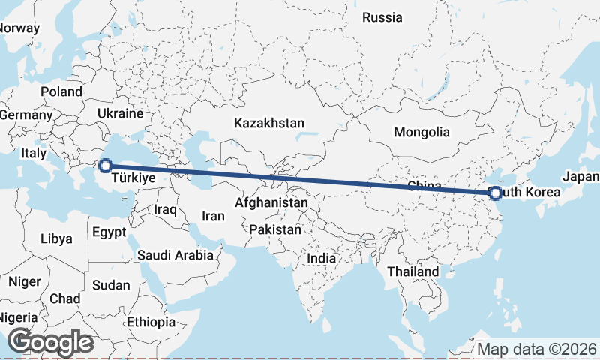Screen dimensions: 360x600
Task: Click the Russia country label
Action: point(382,17)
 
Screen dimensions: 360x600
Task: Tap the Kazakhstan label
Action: point(268,123)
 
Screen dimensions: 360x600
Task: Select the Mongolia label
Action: point(421,132)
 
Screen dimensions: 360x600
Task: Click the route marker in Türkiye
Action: point(106,165)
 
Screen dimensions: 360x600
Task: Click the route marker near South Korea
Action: point(495,193)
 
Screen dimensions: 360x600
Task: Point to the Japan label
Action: point(581,177)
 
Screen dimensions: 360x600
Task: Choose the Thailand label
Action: point(413,271)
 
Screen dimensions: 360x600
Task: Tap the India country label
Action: point(321,258)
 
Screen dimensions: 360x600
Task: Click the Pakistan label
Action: point(275,229)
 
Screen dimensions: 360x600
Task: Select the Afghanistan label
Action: point(271,202)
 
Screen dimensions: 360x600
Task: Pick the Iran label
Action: point(213,216)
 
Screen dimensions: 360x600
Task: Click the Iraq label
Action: point(165,210)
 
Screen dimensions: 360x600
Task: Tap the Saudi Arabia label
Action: point(175,255)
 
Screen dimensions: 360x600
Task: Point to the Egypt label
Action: point(109,232)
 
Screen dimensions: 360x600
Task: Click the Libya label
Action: point(57,239)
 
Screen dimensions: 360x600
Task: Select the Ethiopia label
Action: point(151,322)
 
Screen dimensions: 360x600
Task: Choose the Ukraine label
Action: point(119,114)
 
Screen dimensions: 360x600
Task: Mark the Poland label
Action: point(61,91)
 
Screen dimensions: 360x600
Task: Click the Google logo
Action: point(50,342)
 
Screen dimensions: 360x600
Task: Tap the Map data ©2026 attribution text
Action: point(537,349)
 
